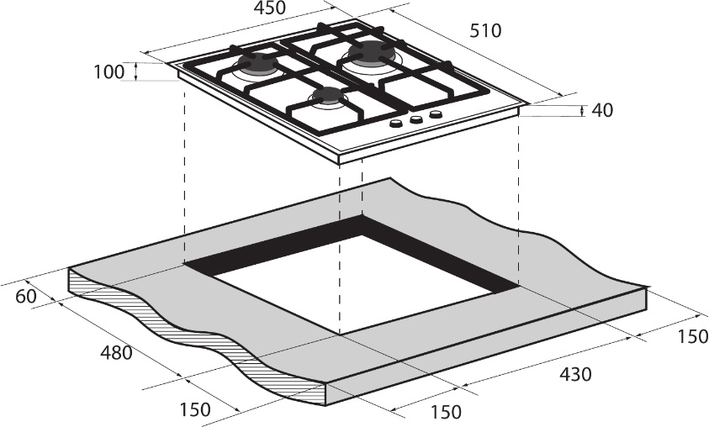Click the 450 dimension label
point(269,8)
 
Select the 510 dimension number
point(485,31)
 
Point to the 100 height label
point(108,71)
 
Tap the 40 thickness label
point(602,110)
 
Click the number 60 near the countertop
point(26,297)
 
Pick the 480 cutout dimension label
point(116,353)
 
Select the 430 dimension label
point(575,374)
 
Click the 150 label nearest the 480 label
point(195,409)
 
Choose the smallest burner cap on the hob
point(327,95)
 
